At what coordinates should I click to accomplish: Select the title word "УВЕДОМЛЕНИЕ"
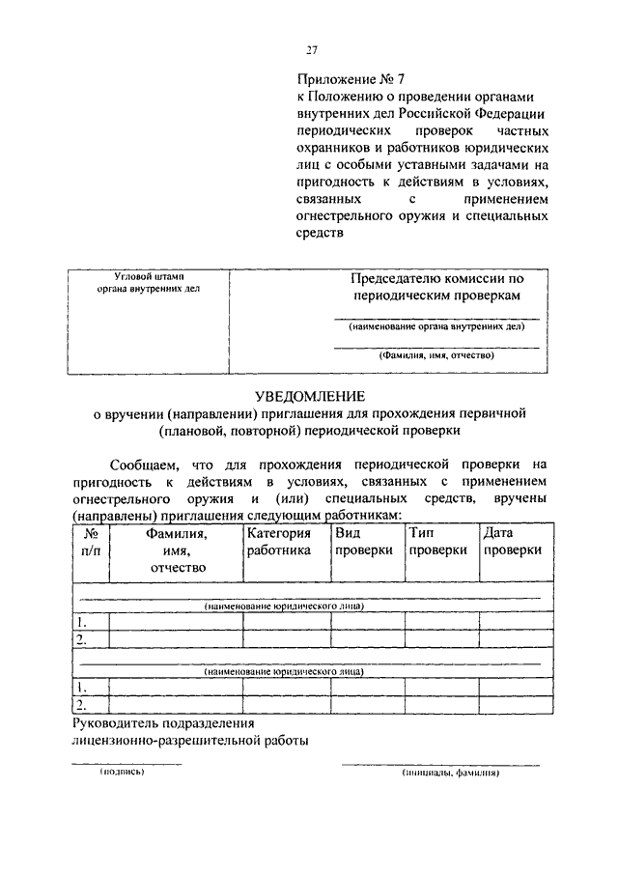tap(309, 396)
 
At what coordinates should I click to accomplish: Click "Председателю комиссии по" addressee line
tap(436, 278)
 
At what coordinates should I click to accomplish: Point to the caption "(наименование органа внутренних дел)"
tap(436, 328)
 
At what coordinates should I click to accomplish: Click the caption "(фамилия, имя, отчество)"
tap(436, 355)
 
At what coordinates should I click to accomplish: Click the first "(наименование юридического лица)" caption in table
tap(284, 606)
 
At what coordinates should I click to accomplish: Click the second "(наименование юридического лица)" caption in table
tap(284, 669)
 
